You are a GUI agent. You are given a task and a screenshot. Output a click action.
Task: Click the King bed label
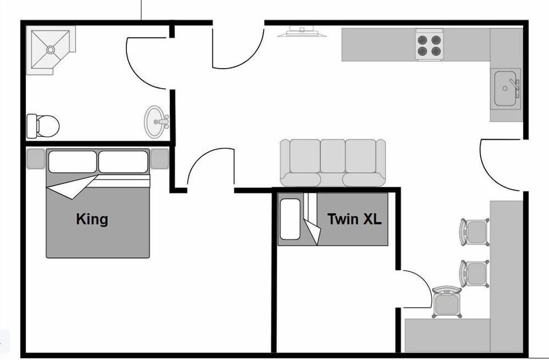(x=91, y=219)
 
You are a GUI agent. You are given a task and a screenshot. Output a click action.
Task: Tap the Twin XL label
(x=354, y=219)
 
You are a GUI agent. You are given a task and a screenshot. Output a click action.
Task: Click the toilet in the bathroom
(x=43, y=125)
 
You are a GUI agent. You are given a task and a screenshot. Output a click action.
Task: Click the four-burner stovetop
(x=429, y=45)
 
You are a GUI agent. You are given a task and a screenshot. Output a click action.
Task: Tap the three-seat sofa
(x=333, y=163)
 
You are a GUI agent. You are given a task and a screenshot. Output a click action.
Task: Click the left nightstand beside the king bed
(x=35, y=159)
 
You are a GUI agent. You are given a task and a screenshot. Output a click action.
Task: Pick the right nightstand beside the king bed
(x=160, y=159)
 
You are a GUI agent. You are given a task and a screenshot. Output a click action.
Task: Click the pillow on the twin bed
(x=289, y=219)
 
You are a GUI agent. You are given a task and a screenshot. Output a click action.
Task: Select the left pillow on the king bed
(x=72, y=161)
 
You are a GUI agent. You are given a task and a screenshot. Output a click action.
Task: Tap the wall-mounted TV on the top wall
(x=302, y=31)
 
